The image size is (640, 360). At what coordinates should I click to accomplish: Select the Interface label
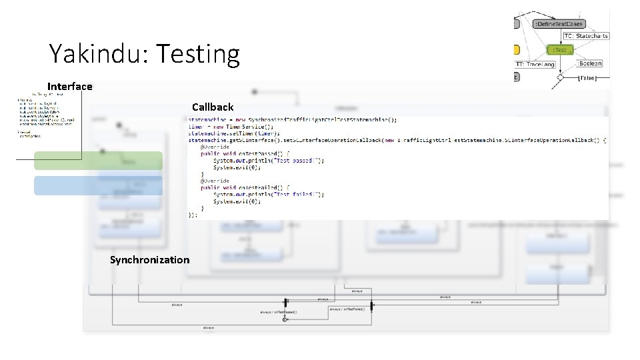tap(70, 86)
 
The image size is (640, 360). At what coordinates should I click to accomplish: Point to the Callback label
tap(213, 107)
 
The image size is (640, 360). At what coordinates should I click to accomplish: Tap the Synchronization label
tap(149, 259)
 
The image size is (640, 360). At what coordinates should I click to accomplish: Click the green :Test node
tap(560, 50)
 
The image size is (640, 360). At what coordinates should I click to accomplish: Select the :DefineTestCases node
tap(559, 24)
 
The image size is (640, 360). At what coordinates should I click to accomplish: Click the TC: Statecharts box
tap(586, 36)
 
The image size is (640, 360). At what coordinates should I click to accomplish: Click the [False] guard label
tap(587, 78)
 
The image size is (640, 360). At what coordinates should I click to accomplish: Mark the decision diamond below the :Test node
tap(561, 77)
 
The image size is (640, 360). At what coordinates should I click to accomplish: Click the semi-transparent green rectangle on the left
tap(99, 161)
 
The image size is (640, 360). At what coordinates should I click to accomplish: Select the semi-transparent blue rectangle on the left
tap(99, 185)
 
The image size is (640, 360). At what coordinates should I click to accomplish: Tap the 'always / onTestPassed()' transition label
tap(279, 311)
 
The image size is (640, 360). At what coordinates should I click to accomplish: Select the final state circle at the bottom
tap(285, 320)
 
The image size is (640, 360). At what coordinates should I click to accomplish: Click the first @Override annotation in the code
tap(214, 147)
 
